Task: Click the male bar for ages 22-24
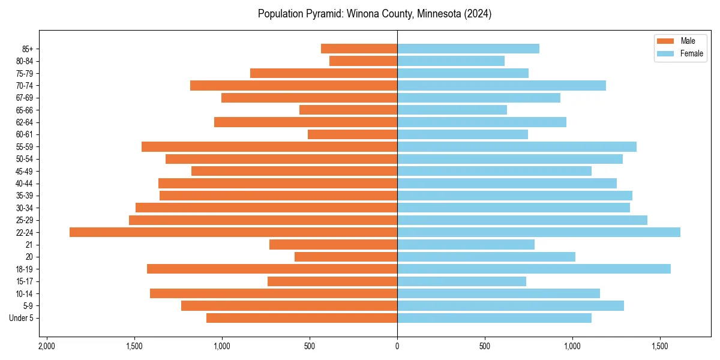click(x=233, y=232)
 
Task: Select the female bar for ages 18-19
click(x=534, y=269)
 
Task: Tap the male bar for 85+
click(x=359, y=49)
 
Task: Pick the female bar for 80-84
click(x=451, y=61)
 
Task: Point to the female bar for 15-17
click(x=461, y=281)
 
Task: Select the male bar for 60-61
click(x=352, y=134)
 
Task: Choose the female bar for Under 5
click(x=494, y=318)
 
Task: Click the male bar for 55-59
click(x=269, y=146)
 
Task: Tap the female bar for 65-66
click(x=452, y=110)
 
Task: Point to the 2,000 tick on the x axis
click(x=46, y=347)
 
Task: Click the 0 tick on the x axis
click(x=397, y=347)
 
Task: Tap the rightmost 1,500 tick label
click(x=660, y=347)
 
